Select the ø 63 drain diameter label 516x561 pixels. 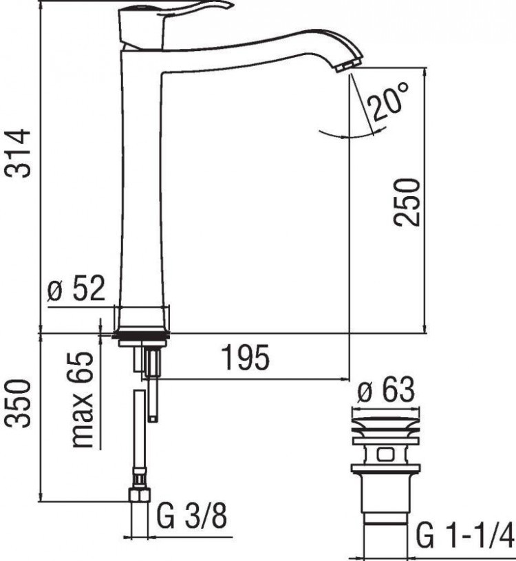[x=387, y=392]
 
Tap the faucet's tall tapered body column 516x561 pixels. [x=142, y=186]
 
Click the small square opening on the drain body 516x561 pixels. [x=385, y=454]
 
